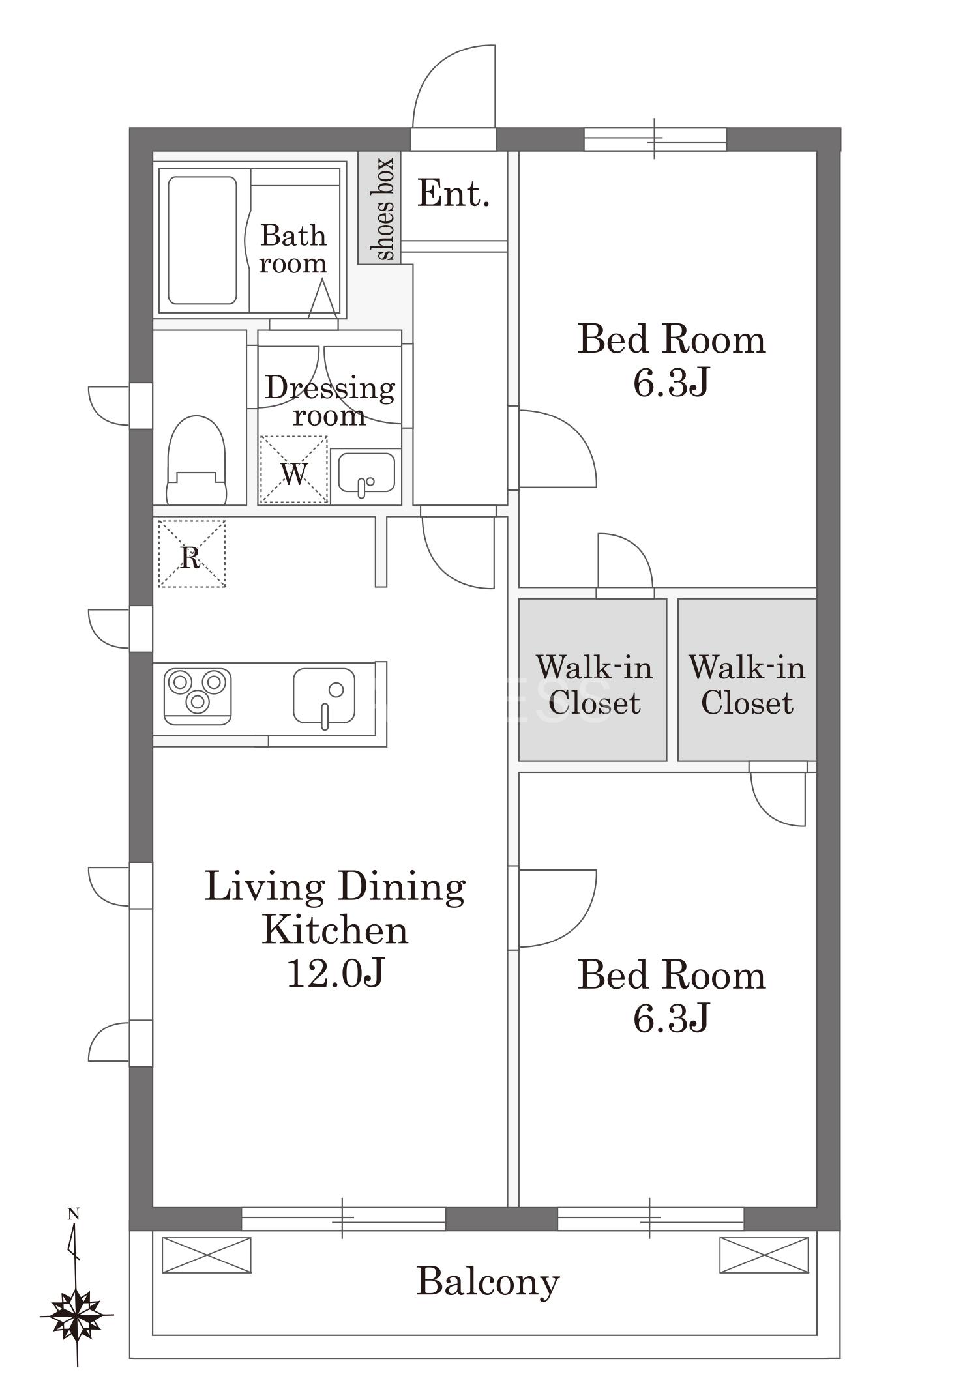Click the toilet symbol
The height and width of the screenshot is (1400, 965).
tap(196, 461)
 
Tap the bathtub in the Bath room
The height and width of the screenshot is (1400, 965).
tap(202, 241)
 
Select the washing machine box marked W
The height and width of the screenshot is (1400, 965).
tap(293, 469)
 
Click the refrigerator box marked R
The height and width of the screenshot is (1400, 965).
tap(192, 553)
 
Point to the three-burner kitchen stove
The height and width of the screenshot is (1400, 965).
tap(198, 696)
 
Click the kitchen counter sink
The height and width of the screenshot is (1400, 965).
tap(324, 696)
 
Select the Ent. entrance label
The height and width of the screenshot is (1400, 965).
tap(454, 194)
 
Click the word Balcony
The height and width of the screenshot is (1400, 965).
tap(488, 1282)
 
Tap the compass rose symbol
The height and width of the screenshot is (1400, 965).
tap(77, 1315)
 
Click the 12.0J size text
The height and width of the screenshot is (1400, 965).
tap(335, 974)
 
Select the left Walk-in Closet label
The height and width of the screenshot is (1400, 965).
tap(594, 685)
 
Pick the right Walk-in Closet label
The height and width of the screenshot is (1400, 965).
tap(747, 685)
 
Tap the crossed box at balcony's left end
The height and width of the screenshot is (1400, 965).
tap(207, 1255)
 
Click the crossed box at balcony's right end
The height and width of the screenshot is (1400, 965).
tap(764, 1255)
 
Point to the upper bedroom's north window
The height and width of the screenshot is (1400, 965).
tap(655, 139)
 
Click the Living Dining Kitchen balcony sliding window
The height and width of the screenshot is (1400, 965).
tap(343, 1218)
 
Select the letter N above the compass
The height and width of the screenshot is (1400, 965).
tap(74, 1214)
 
